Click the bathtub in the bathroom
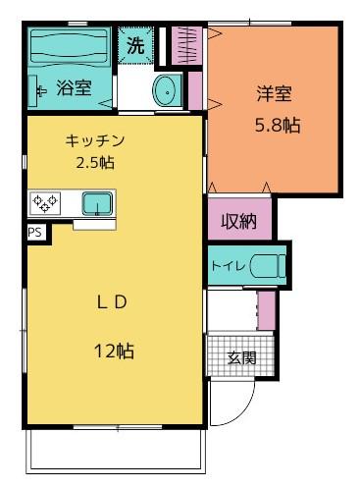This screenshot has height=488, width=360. [69, 46]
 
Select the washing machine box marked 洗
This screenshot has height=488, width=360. [134, 44]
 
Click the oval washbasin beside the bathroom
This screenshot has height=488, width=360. [167, 91]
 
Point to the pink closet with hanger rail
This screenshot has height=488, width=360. [185, 45]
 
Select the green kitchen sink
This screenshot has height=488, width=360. [96, 204]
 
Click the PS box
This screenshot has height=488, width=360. [34, 233]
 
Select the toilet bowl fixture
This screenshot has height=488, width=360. [266, 266]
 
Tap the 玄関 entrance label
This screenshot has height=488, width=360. [242, 357]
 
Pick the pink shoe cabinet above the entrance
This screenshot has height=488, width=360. [266, 310]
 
